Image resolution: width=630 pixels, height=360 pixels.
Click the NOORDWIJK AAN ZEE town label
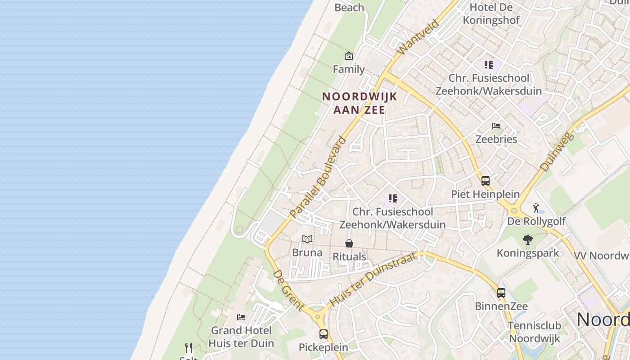coord(360,103)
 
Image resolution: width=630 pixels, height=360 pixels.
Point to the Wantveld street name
coord(418,37)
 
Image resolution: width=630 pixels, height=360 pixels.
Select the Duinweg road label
coord(558,152)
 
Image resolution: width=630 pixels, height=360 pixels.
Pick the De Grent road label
coord(288,290)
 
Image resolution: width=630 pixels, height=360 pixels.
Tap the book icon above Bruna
coord(307,239)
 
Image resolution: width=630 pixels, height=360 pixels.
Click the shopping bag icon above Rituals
coord(349,243)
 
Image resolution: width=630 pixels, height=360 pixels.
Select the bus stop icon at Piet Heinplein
coord(485,181)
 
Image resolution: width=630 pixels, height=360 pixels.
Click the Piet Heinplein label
coord(485,194)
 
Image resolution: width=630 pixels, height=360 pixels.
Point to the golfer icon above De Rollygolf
coord(536,208)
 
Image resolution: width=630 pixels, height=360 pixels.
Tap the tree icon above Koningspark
coord(527,240)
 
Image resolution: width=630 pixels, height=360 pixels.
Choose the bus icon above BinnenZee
coord(501,293)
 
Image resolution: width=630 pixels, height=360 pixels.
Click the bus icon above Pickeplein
coord(323,334)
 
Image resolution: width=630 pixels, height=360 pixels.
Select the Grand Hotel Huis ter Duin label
coord(241,337)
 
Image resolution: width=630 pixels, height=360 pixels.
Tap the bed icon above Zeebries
coord(496,126)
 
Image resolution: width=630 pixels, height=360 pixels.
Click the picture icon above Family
coord(348,56)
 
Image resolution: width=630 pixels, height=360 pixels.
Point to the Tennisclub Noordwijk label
coord(534,332)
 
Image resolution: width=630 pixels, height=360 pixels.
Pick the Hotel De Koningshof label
coord(491,13)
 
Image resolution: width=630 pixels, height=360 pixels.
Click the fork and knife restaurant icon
coord(189,347)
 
